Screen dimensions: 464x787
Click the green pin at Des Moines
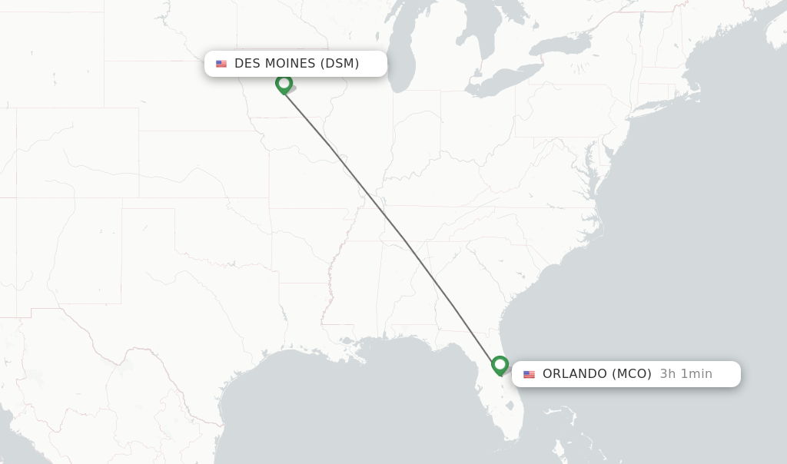click(284, 83)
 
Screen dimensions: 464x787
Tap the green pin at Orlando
click(500, 364)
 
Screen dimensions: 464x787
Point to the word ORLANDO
click(575, 374)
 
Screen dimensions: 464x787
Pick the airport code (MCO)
click(632, 374)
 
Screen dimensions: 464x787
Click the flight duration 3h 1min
click(686, 374)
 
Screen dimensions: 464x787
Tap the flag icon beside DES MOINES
click(221, 64)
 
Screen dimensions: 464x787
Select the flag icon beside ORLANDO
click(529, 375)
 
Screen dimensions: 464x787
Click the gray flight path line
click(392, 224)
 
